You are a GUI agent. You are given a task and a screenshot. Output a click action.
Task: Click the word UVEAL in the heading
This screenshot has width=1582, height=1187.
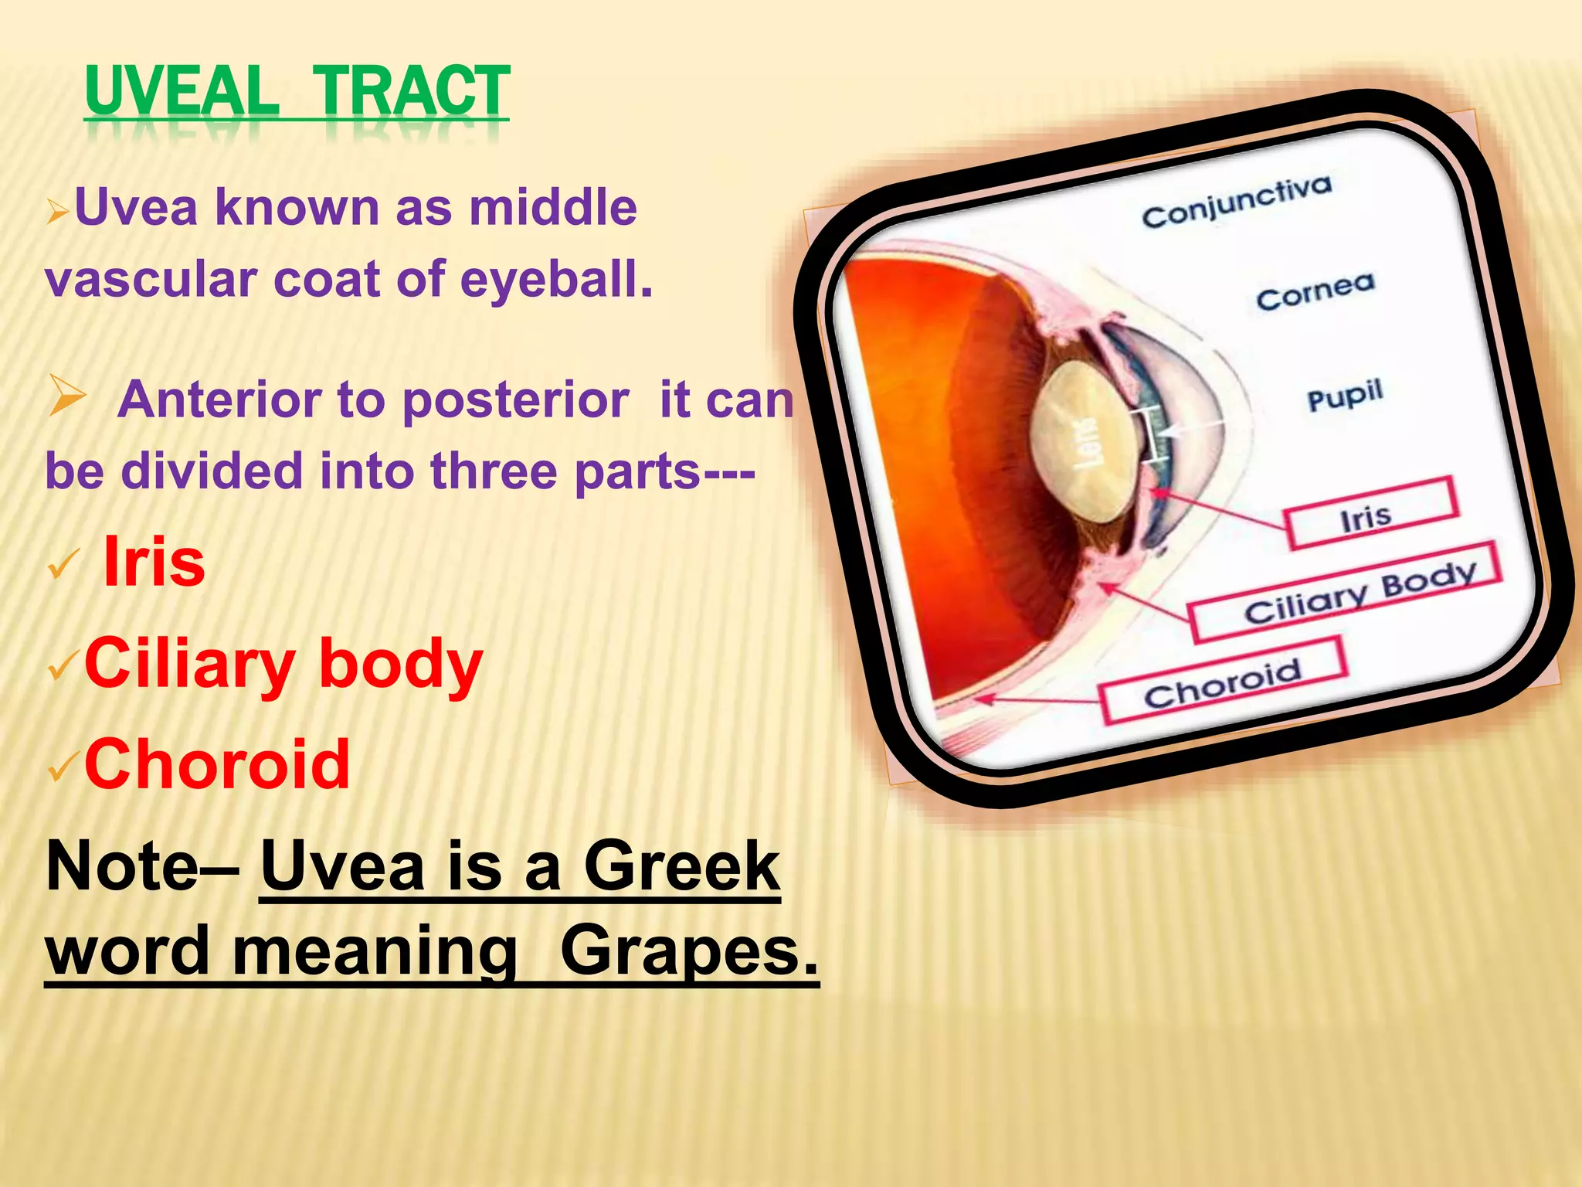pyautogui.click(x=182, y=91)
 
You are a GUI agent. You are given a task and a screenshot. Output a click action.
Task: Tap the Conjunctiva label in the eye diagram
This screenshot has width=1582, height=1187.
pyautogui.click(x=1237, y=202)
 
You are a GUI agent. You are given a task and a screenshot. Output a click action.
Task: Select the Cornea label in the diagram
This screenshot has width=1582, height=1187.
pyautogui.click(x=1316, y=292)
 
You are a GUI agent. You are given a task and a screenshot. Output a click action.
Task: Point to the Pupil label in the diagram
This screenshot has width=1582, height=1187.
pyautogui.click(x=1344, y=396)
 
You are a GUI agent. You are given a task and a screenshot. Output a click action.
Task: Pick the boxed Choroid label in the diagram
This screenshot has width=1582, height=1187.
pyautogui.click(x=1223, y=682)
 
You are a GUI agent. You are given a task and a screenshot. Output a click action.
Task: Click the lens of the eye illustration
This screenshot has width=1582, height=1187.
pyautogui.click(x=1085, y=441)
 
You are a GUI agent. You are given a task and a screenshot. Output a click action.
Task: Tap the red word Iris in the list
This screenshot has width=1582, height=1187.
pyautogui.click(x=154, y=562)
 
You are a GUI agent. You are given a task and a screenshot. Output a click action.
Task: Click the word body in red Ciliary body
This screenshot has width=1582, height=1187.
pyautogui.click(x=400, y=664)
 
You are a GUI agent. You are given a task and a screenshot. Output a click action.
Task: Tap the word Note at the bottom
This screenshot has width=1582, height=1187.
pyautogui.click(x=123, y=866)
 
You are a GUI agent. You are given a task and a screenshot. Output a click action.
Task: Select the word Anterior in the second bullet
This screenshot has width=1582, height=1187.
pyautogui.click(x=219, y=400)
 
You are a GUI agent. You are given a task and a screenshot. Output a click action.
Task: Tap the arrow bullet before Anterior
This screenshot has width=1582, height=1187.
pyautogui.click(x=68, y=396)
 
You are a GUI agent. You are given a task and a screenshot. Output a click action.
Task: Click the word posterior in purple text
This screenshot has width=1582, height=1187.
pyautogui.click(x=515, y=400)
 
